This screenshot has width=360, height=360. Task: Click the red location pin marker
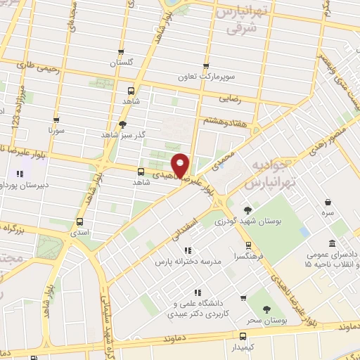coord(181,165)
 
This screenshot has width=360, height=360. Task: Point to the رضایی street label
coord(231,99)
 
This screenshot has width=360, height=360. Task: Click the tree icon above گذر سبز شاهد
coord(122,123)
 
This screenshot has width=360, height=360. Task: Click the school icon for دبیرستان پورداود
coord(19,173)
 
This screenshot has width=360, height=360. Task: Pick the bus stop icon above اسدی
coord(79,222)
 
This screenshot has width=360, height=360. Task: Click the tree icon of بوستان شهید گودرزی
coord(247,210)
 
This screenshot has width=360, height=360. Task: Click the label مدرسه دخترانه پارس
coord(188,261)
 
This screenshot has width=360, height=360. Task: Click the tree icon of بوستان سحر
coord(266,310)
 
